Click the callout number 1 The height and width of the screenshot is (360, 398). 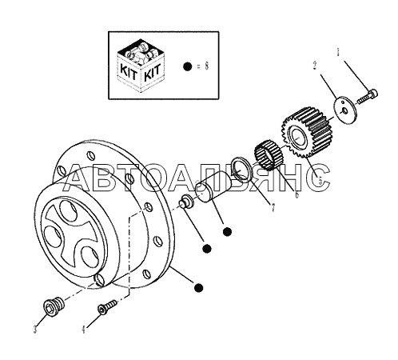(338, 51)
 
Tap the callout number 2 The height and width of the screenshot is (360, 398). (315, 66)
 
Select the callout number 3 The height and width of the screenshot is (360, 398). (35, 330)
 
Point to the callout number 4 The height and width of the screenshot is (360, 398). (84, 330)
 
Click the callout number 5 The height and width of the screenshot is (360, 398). (320, 182)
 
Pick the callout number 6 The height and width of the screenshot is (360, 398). (297, 194)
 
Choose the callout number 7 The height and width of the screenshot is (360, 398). (273, 208)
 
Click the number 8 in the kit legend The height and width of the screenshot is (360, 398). (207, 66)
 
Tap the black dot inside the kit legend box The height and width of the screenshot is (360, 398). (188, 66)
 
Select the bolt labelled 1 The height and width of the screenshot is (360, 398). (367, 97)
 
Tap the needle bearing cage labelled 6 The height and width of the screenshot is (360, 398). (269, 155)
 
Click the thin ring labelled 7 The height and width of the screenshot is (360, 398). (242, 170)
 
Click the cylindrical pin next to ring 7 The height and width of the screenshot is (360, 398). (213, 187)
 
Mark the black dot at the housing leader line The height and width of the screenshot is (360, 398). (198, 287)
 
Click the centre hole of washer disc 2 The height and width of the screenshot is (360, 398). (344, 110)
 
